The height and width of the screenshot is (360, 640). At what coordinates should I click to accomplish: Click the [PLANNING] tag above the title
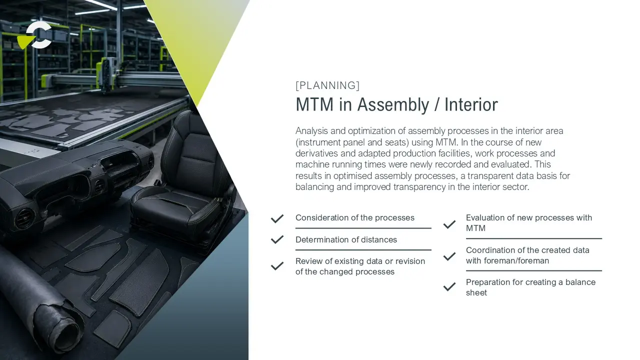(x=327, y=85)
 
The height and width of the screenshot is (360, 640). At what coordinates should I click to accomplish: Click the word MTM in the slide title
(x=314, y=104)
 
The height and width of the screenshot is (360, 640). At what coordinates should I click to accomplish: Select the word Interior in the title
(x=471, y=104)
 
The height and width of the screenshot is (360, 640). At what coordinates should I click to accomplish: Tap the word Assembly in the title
(x=393, y=105)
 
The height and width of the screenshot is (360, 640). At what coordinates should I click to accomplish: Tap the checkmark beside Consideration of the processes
(x=277, y=218)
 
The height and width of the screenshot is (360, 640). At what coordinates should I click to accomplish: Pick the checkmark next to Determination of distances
(x=277, y=239)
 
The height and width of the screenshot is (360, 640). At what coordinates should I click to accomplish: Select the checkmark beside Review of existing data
(x=277, y=266)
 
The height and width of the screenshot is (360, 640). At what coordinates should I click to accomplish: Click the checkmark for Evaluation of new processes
(x=449, y=224)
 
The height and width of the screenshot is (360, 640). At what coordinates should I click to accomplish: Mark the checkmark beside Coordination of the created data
(x=449, y=256)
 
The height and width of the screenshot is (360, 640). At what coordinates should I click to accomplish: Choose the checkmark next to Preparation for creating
(x=449, y=286)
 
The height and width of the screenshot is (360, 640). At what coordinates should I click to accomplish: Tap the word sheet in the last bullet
(x=476, y=292)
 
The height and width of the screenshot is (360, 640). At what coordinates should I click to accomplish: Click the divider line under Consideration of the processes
(x=363, y=228)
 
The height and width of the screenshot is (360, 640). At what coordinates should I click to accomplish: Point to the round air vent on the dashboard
(x=24, y=218)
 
